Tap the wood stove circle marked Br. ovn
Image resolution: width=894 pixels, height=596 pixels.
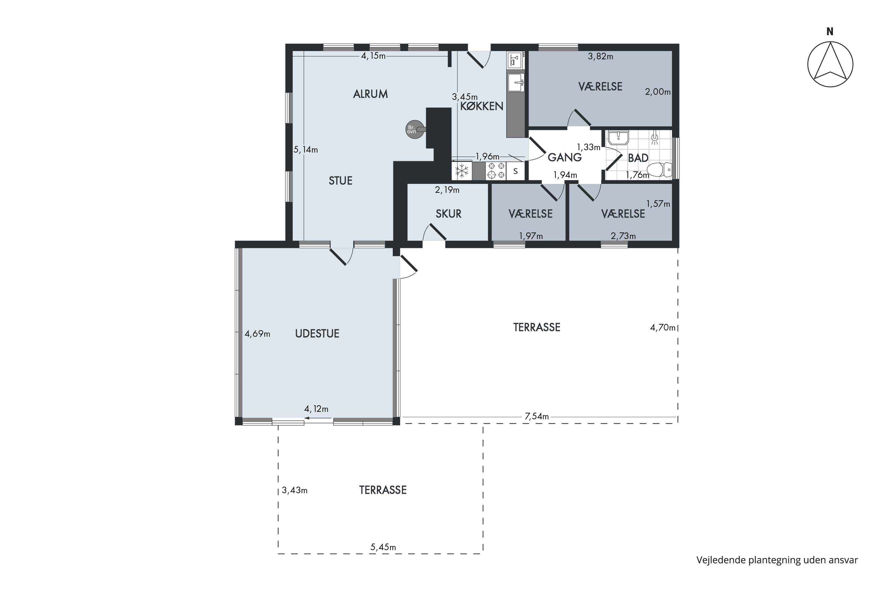point(414,129)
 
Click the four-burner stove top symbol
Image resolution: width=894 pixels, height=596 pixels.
point(496,170)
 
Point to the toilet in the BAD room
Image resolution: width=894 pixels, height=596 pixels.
point(660,169)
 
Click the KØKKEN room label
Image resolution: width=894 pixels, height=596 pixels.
point(482,106)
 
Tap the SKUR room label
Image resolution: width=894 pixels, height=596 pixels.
point(448,214)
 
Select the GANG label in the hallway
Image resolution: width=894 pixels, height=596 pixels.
point(564,157)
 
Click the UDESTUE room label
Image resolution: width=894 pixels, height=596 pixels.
point(317,334)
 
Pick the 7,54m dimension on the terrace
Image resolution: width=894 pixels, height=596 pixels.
point(537,416)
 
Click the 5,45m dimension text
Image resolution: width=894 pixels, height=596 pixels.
point(383,547)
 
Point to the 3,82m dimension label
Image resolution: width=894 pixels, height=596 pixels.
point(600,56)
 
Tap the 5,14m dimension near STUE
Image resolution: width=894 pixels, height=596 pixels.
point(306,150)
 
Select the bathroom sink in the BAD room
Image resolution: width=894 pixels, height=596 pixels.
point(618,138)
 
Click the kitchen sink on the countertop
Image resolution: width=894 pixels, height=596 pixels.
point(516,83)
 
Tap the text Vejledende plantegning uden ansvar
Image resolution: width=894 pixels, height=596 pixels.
point(777,560)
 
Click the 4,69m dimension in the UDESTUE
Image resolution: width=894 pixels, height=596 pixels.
point(257,334)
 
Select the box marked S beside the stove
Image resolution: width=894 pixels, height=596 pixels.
point(516,171)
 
